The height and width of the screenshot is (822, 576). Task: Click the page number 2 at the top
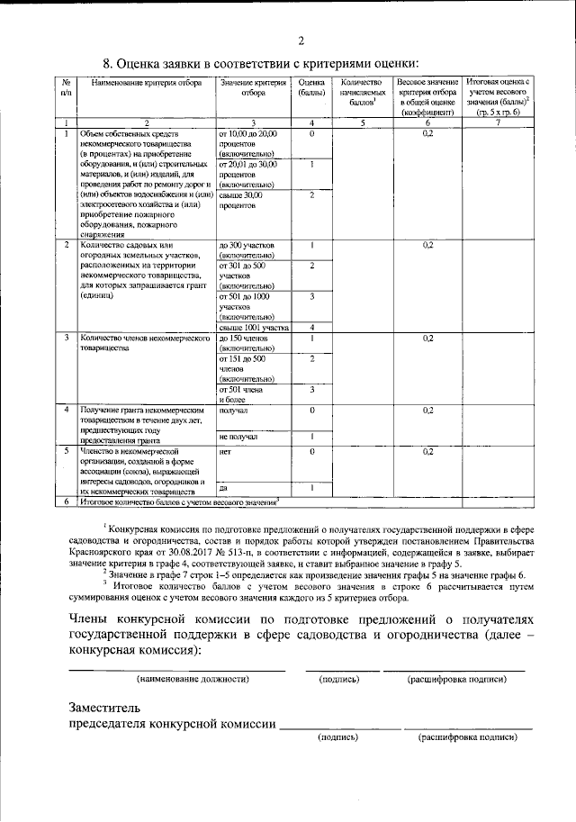301,39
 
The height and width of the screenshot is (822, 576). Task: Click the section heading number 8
108,64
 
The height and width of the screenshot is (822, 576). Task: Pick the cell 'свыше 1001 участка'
254,328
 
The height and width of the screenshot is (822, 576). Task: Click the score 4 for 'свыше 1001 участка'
310,328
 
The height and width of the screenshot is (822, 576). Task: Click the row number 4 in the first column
67,410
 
